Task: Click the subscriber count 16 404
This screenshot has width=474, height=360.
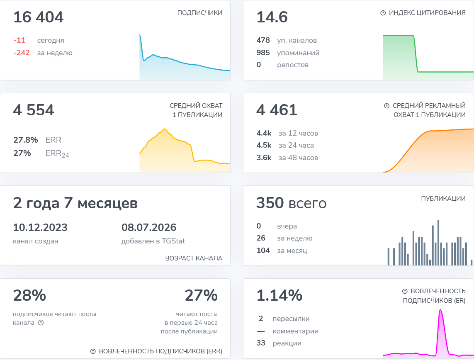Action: click(x=39, y=17)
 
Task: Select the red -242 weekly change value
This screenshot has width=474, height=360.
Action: click(x=22, y=53)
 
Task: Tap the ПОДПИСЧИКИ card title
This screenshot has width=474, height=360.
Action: click(x=200, y=13)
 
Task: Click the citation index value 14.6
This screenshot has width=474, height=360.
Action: click(x=272, y=17)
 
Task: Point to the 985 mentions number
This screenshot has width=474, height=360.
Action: click(x=263, y=53)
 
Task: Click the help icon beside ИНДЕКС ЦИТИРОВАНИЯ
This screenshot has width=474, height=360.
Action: click(x=383, y=13)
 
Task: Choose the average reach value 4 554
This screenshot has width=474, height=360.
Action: click(x=34, y=110)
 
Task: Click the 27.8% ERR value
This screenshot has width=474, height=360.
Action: click(x=26, y=140)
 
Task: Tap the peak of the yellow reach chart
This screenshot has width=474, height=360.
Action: click(x=165, y=129)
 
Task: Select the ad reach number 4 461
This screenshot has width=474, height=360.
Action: click(x=277, y=110)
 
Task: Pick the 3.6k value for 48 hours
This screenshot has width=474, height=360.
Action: click(x=264, y=158)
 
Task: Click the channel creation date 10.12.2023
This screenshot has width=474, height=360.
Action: click(x=40, y=227)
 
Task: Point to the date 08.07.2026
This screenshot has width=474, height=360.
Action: click(x=149, y=227)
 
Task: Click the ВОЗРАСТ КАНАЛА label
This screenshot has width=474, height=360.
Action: click(x=194, y=258)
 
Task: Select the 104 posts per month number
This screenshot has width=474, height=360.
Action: click(x=263, y=250)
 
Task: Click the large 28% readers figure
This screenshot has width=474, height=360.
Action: click(x=29, y=295)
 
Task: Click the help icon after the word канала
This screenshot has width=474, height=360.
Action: click(x=41, y=323)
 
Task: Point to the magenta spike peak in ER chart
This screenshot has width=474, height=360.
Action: click(x=441, y=310)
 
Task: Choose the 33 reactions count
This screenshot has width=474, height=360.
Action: click(x=261, y=343)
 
